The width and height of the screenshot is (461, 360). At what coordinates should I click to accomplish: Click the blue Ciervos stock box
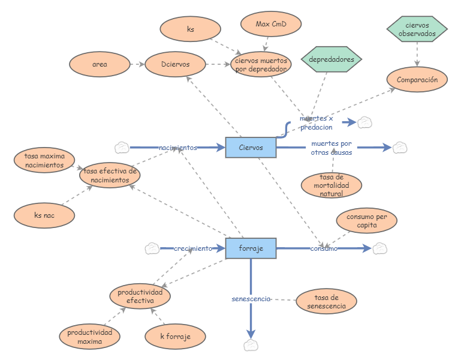pos(251,147)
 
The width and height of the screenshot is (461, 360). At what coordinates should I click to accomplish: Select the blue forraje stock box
pos(251,248)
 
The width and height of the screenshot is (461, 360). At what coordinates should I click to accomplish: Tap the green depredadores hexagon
pos(332,59)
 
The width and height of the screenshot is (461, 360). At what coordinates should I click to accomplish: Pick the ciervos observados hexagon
pos(417,29)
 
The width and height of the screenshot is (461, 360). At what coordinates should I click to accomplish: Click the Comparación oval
pos(417,79)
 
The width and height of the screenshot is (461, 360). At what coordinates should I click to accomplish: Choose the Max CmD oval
pos(270,25)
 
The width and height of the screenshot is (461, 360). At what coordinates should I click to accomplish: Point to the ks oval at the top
pos(191,29)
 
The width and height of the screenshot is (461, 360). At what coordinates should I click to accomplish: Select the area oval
pos(100,64)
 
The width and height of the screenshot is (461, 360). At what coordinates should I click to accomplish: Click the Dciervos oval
pos(176,64)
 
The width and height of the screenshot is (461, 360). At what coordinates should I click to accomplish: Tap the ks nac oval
pos(44,215)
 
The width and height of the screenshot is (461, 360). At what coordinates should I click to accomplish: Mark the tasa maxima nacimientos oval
pos(45,161)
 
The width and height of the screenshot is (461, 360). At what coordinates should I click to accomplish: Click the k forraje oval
pos(175,337)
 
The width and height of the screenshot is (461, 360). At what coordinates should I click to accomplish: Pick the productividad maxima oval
pos(89,337)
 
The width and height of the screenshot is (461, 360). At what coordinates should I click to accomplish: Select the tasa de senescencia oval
pos(326,301)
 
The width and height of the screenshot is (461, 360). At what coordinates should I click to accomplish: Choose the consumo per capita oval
pos(366,221)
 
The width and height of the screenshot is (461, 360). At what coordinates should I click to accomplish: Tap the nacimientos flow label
pos(177,148)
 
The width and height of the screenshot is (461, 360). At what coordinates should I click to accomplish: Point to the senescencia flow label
pos(251,299)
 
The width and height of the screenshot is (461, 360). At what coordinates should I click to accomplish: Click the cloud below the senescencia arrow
pos(251,345)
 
